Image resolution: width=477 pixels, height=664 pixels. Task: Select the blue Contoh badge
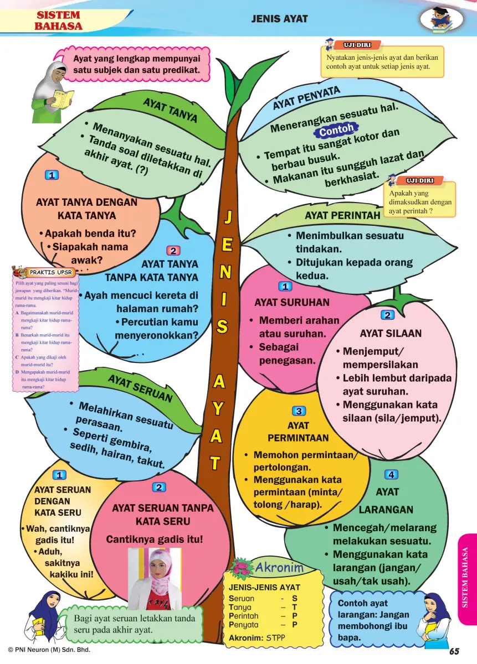pyautogui.click(x=336, y=131)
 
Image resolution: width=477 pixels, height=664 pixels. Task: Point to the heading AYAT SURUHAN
pyautogui.click(x=291, y=303)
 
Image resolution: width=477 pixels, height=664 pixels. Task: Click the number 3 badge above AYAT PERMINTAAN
pyautogui.click(x=299, y=411)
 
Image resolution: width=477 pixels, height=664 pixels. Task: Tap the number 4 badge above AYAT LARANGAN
pyautogui.click(x=391, y=474)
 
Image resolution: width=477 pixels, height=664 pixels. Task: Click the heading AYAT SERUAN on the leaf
pyautogui.click(x=140, y=388)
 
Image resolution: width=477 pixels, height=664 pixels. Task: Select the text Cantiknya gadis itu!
pyautogui.click(x=155, y=539)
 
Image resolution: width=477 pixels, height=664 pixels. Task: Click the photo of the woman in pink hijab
pyautogui.click(x=155, y=578)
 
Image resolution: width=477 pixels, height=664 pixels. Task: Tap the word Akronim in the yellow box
pyautogui.click(x=279, y=568)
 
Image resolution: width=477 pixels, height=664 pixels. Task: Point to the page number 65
pyautogui.click(x=455, y=651)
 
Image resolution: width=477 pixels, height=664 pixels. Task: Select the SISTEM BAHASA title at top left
pyautogui.click(x=58, y=20)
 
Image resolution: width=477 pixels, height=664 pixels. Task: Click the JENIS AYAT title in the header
pyautogui.click(x=279, y=19)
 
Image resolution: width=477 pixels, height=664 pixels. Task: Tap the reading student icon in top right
pyautogui.click(x=442, y=19)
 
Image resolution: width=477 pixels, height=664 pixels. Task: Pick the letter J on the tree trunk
pyautogui.click(x=227, y=217)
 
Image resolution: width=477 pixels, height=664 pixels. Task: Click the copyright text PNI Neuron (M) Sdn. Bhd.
pyautogui.click(x=49, y=650)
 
